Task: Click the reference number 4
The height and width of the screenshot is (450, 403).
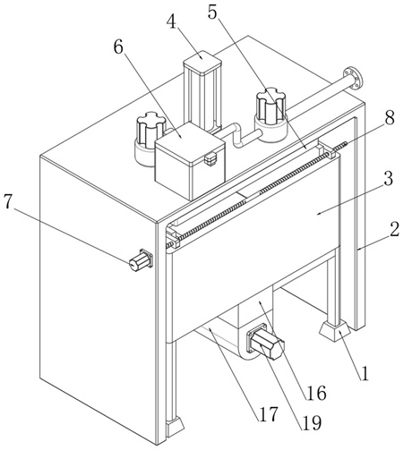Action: [173, 21]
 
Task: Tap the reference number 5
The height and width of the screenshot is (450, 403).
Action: [212, 11]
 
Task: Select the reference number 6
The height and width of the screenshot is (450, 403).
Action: [118, 47]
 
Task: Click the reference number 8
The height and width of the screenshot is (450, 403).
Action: [389, 117]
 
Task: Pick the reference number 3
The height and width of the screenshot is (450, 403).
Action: [388, 178]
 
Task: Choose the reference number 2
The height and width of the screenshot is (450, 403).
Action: [395, 229]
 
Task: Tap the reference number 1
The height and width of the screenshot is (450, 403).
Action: [364, 373]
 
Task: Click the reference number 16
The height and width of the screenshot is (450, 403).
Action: [315, 393]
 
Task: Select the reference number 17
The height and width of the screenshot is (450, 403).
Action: [269, 413]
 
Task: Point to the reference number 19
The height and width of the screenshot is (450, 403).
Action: [312, 423]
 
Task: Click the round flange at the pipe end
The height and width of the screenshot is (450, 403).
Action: [353, 78]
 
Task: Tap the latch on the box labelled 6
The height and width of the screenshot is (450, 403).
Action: [210, 158]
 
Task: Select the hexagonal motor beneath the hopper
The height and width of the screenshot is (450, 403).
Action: [265, 344]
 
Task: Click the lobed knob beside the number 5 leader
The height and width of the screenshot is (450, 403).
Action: [271, 115]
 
